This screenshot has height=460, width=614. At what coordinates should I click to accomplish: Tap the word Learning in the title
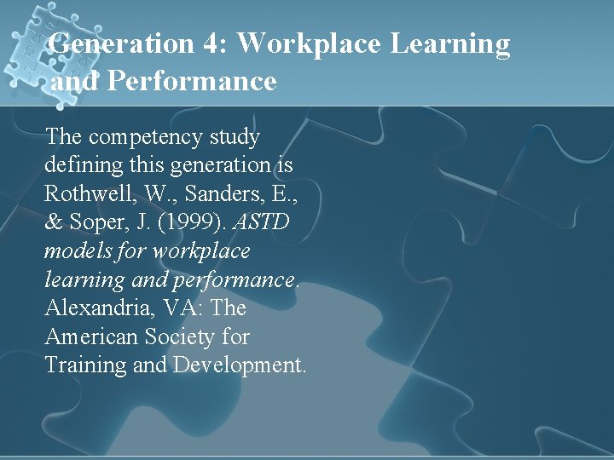(451, 43)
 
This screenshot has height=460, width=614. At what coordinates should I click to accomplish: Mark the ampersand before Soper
(54, 222)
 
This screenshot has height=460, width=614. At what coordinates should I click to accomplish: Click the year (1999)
(196, 222)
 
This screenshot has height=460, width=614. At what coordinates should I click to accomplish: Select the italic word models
(78, 251)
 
